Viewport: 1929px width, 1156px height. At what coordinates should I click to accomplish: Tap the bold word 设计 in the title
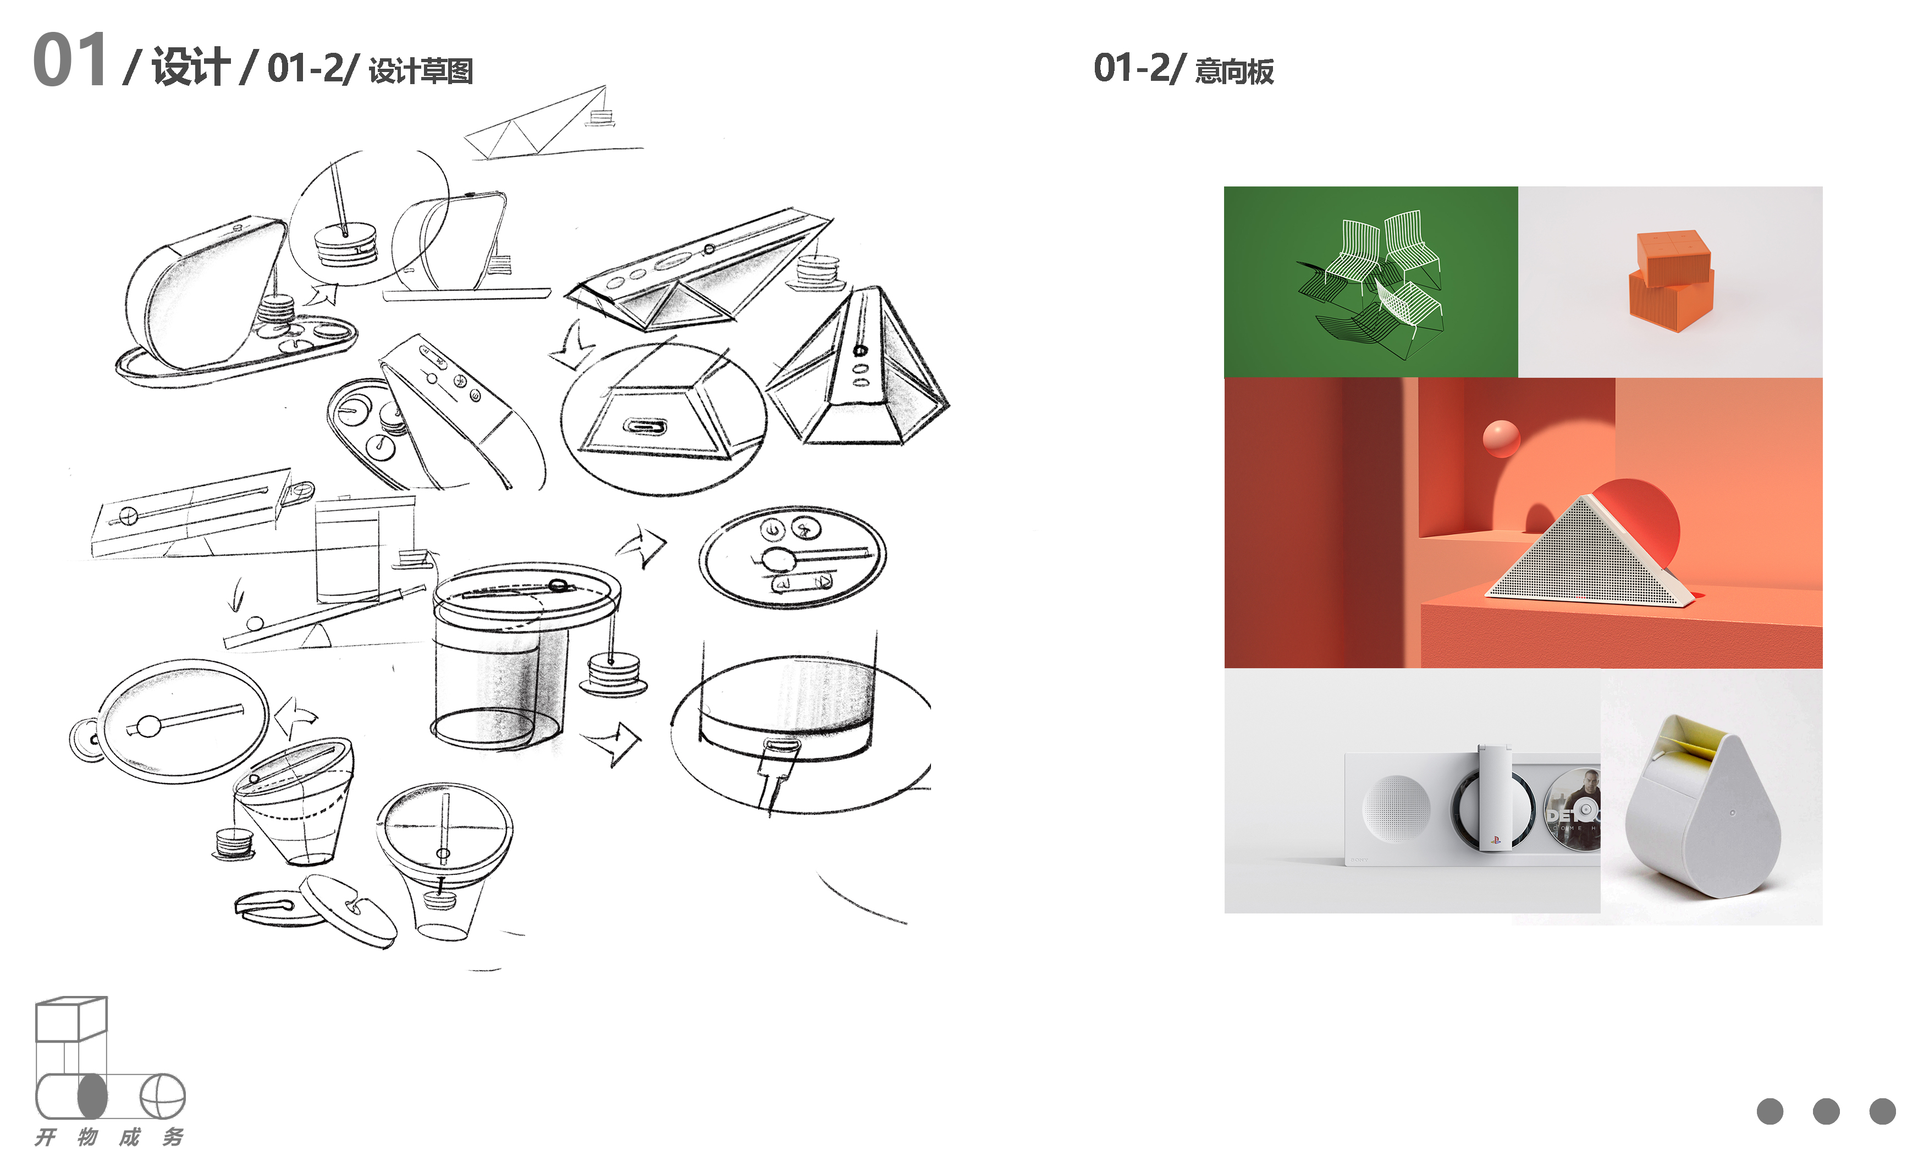(191, 66)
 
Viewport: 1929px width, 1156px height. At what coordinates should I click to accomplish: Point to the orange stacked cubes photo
(1671, 280)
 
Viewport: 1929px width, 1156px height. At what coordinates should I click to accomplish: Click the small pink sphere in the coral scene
(1501, 438)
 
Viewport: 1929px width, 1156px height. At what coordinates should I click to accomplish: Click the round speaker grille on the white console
(1396, 808)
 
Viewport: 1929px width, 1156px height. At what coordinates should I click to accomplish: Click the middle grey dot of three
(1826, 1111)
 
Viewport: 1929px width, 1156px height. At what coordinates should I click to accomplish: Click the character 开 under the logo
(45, 1137)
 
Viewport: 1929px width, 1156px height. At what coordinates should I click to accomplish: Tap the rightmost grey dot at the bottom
(1882, 1111)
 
